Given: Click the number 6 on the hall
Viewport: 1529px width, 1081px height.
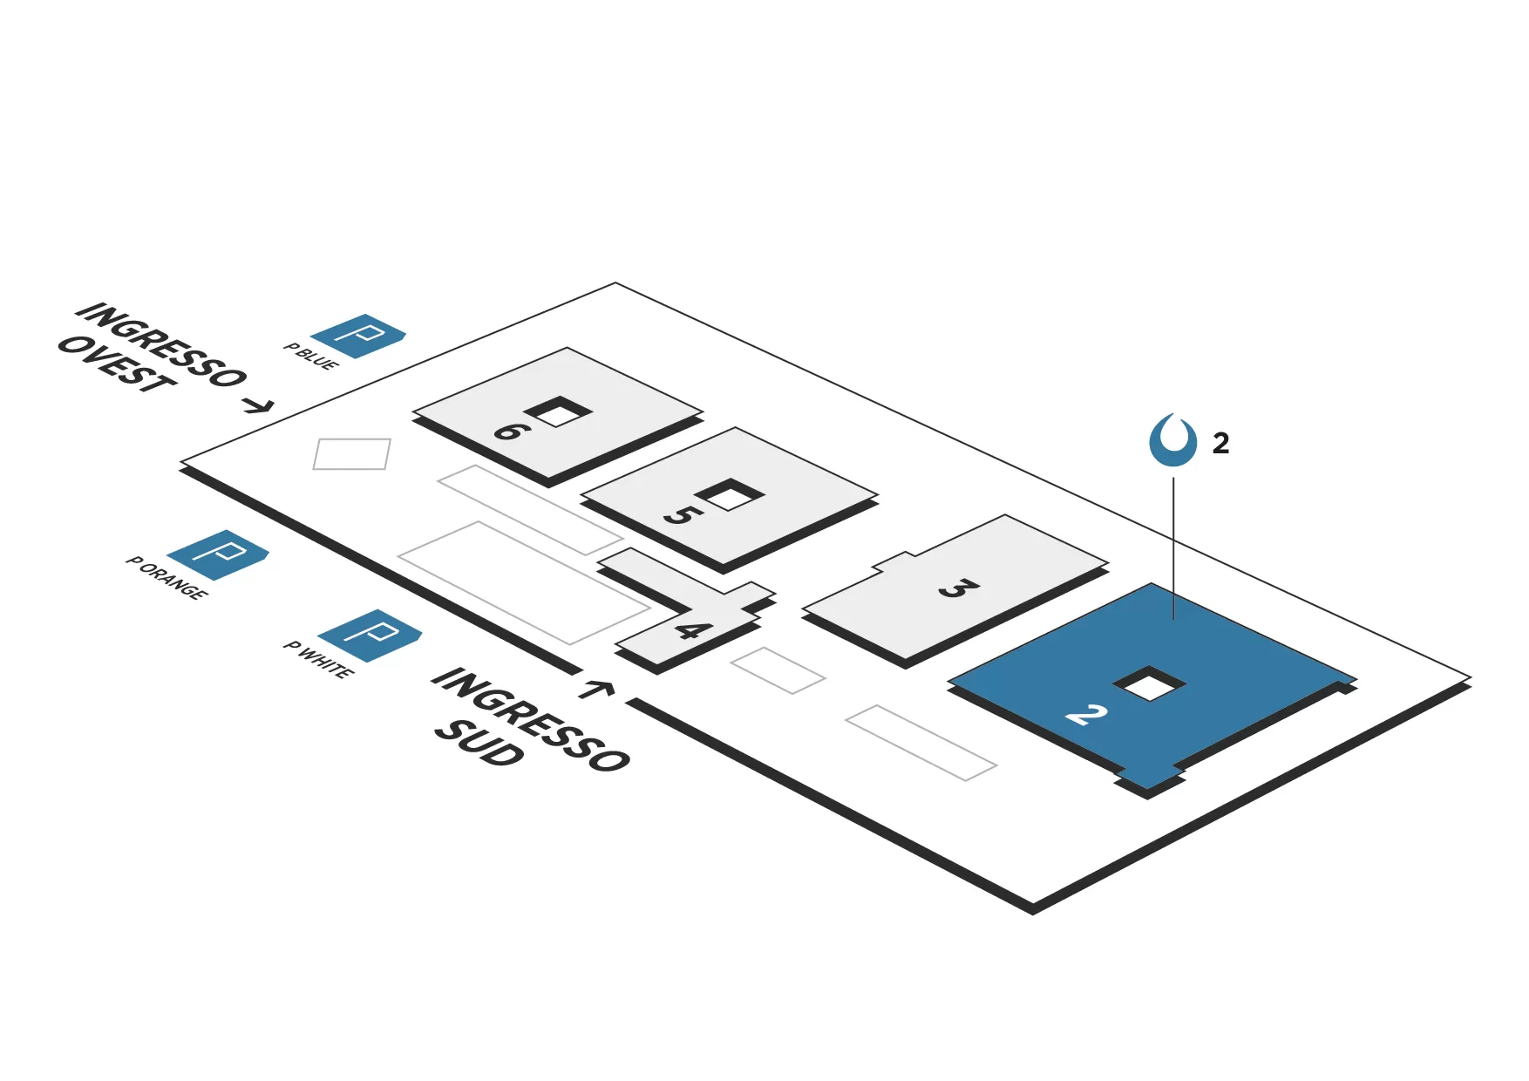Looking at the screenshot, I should tap(510, 430).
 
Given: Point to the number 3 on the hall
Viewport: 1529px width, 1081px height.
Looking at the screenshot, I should tap(958, 588).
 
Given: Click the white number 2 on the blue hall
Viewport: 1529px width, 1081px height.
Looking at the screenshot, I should tap(1086, 715).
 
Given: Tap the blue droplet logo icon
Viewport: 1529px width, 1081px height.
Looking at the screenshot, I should tap(1172, 441).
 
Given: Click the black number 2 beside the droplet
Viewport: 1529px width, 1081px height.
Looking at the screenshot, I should tap(1220, 444).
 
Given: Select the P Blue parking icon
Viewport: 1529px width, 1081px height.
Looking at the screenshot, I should tap(358, 336).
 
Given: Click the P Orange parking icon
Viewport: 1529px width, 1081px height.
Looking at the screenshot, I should tap(217, 554).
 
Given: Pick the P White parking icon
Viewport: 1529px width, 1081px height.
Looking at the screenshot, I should tap(370, 635).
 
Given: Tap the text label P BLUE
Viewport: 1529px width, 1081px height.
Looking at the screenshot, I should tap(311, 357).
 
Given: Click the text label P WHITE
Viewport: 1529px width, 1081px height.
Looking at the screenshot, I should tap(319, 660).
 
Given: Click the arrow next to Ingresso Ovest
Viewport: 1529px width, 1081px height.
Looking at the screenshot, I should tap(257, 405).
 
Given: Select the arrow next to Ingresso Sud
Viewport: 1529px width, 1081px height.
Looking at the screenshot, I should tap(596, 690).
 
